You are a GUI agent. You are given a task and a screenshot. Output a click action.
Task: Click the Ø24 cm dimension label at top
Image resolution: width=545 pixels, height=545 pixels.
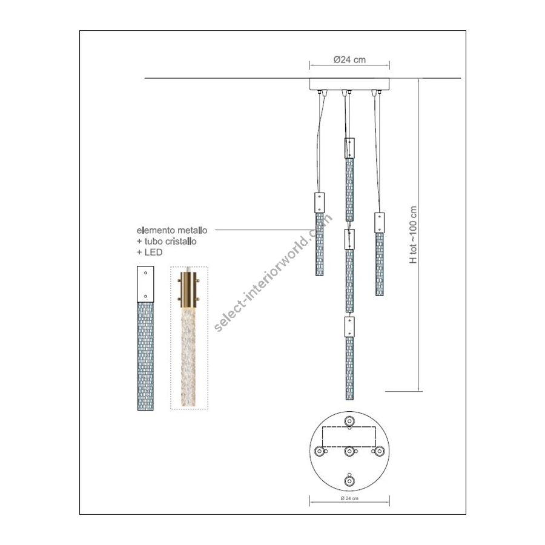click(349, 59)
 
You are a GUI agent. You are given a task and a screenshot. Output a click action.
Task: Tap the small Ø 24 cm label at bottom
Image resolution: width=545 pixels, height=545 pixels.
click(349, 498)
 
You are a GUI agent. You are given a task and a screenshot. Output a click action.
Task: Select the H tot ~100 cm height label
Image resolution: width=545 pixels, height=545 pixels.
click(413, 234)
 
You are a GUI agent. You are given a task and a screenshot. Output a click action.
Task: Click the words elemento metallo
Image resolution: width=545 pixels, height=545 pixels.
click(172, 230)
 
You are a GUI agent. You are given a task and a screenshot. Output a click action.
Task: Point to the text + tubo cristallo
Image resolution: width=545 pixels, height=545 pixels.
click(167, 241)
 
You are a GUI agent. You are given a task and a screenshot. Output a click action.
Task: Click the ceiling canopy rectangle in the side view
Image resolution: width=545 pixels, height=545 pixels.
click(349, 84)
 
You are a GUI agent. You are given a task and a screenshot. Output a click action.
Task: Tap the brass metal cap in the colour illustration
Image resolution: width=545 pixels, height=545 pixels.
click(189, 289)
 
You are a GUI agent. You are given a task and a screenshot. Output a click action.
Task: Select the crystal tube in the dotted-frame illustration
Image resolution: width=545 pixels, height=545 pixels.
click(189, 357)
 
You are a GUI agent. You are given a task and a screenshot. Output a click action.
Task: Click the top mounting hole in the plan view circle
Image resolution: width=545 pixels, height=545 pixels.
click(349, 421)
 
